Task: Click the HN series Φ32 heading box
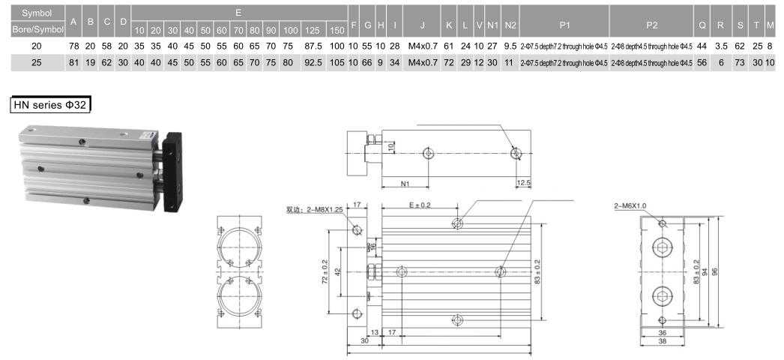pos(50,105)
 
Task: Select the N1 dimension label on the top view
pos(405,182)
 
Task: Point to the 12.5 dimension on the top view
pos(523,182)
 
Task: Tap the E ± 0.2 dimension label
pos(420,205)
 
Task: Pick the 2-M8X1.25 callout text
pos(314,210)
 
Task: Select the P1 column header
pos(564,25)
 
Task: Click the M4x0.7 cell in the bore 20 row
pos(422,46)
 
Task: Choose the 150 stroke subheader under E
pos(337,31)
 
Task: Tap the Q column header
pos(702,25)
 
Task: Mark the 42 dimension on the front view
pos(338,271)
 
